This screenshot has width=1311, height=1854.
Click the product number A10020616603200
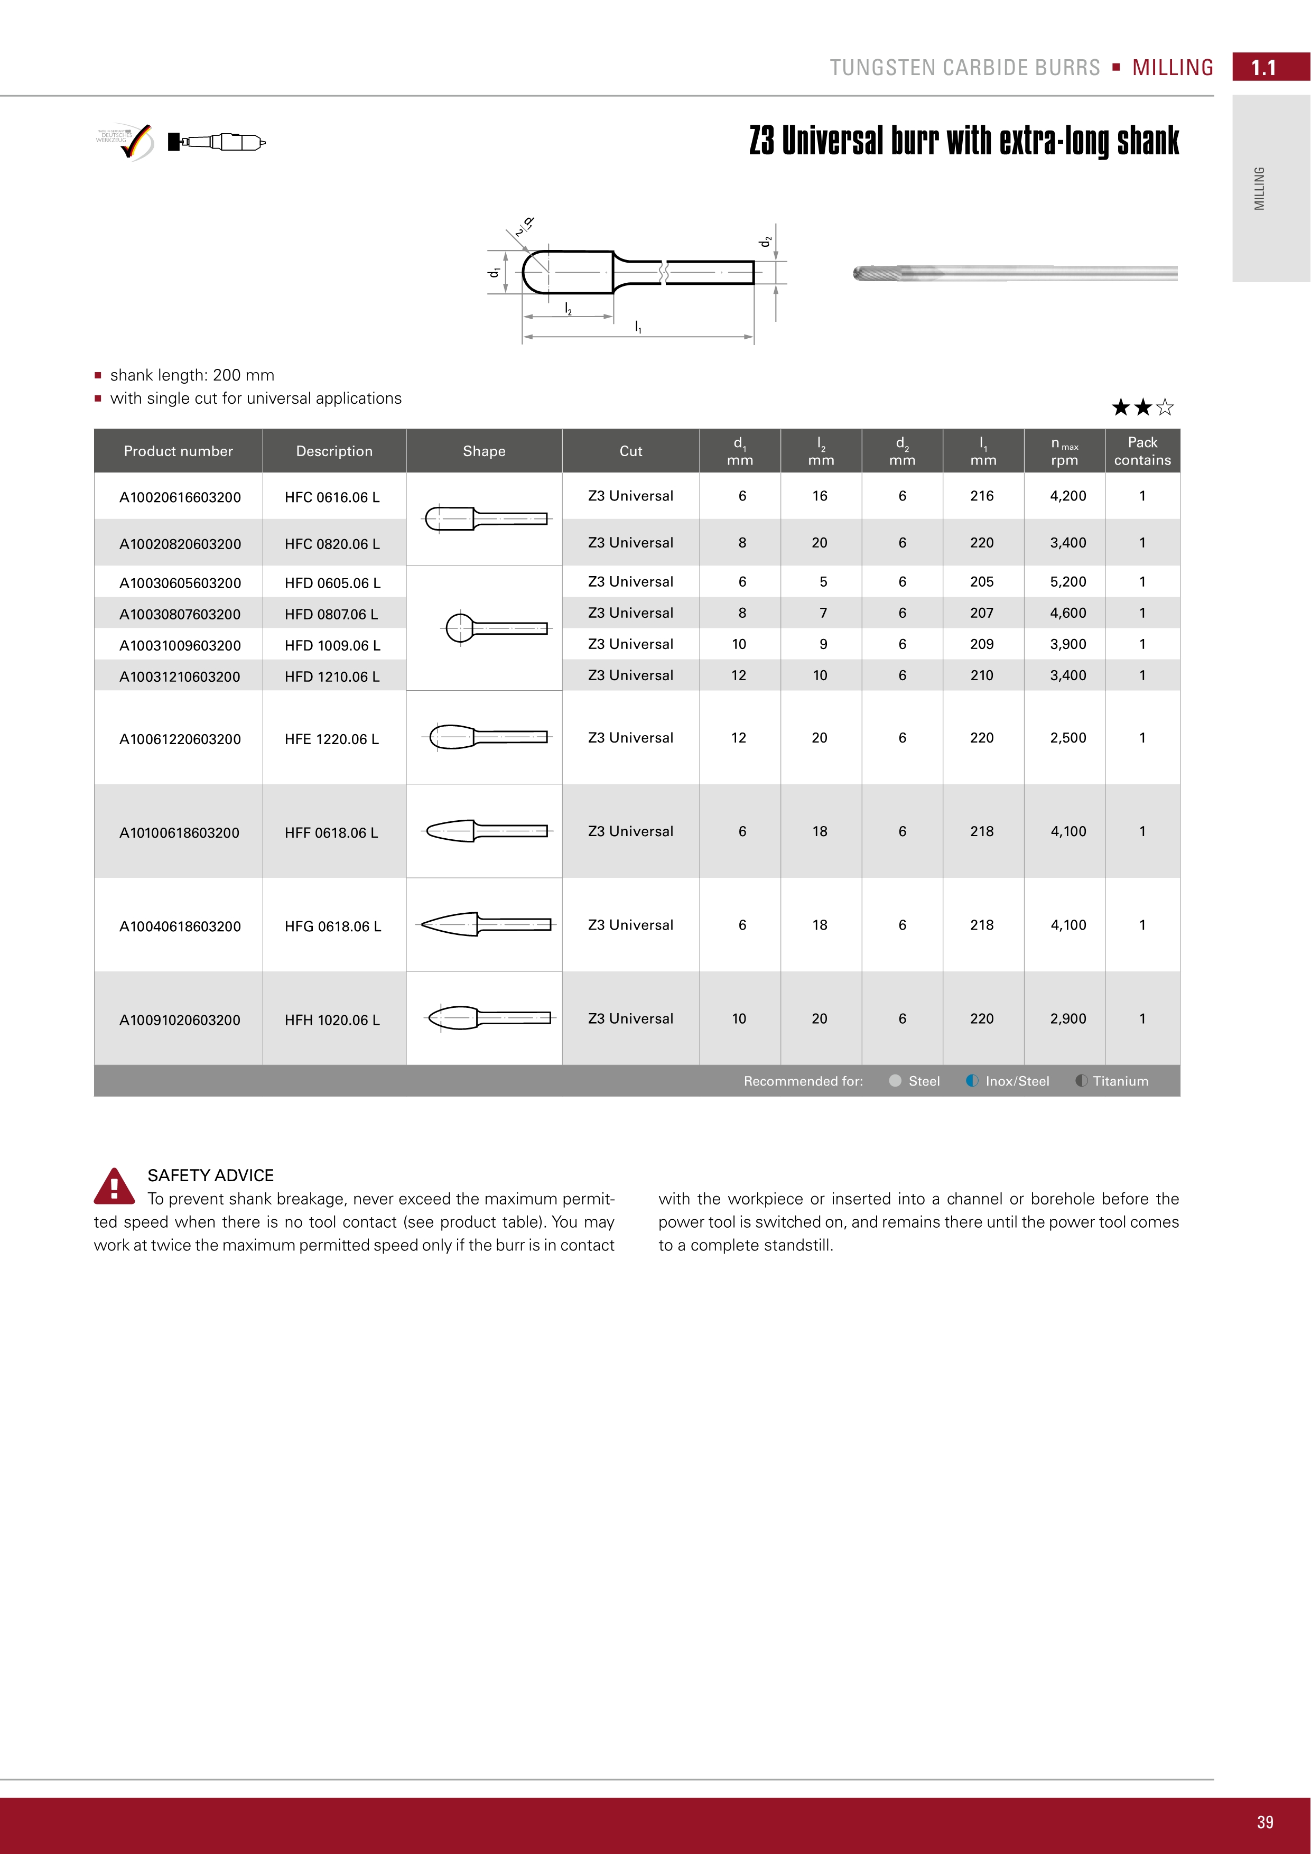(x=180, y=497)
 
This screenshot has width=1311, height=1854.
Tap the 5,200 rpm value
(x=1067, y=581)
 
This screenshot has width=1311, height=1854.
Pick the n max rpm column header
(x=1064, y=451)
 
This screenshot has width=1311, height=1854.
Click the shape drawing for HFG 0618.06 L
(x=485, y=924)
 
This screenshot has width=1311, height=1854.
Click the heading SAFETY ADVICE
(x=211, y=1175)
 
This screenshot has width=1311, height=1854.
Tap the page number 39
(x=1264, y=1822)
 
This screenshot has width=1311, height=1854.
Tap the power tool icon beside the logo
(x=216, y=142)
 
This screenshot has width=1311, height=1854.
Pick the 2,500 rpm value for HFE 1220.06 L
(x=1067, y=737)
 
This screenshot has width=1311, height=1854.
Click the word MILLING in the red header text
(x=1172, y=68)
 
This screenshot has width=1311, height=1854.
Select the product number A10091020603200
(x=180, y=1020)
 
